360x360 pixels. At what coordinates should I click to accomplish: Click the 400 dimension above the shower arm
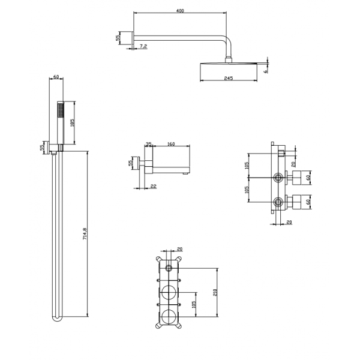(180, 11)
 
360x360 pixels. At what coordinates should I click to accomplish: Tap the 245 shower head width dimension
(229, 78)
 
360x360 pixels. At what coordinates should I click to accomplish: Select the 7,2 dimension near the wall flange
(143, 46)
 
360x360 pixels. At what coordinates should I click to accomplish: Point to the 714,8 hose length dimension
(85, 234)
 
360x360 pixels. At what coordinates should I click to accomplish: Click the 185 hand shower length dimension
(72, 123)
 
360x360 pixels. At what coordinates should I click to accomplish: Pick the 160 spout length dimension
(171, 144)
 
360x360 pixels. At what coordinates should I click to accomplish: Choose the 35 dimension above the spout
(149, 144)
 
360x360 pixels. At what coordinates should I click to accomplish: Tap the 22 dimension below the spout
(154, 186)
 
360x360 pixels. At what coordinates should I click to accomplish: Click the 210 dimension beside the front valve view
(215, 292)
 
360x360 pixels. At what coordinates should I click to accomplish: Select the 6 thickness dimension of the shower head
(266, 71)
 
